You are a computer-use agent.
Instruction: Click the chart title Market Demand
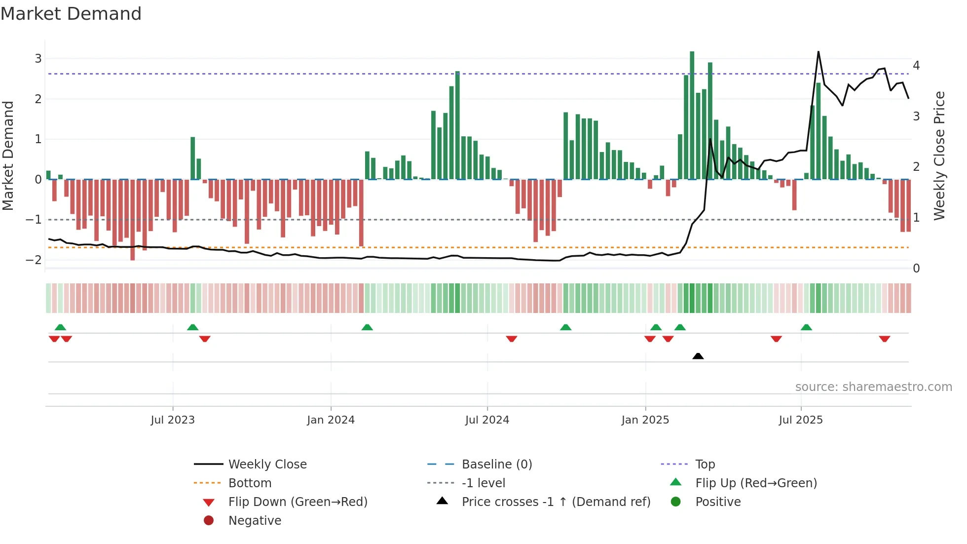point(71,14)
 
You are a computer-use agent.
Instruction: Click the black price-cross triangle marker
point(698,356)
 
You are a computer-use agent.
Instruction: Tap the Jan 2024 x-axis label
point(331,420)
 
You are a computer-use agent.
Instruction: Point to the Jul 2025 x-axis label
point(801,420)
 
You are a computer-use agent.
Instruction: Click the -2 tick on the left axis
point(34,260)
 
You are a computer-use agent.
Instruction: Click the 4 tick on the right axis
point(916,66)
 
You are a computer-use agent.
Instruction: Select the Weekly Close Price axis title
point(939,155)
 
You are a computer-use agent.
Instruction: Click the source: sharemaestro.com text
point(873,387)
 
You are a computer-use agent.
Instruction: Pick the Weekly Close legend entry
point(267,465)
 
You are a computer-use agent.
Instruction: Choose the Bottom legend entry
point(250,483)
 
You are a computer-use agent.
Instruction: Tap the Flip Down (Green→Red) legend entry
point(298,502)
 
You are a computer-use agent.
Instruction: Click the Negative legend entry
point(255,521)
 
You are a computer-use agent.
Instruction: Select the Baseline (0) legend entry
point(496,465)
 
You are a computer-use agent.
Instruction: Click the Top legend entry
point(705,465)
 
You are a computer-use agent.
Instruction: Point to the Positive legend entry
point(717,502)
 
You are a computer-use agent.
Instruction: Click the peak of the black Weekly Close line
point(818,52)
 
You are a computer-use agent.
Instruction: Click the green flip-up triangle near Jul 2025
point(806,327)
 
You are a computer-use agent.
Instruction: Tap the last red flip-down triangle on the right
point(884,339)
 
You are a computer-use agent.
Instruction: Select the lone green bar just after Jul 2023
point(193,158)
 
